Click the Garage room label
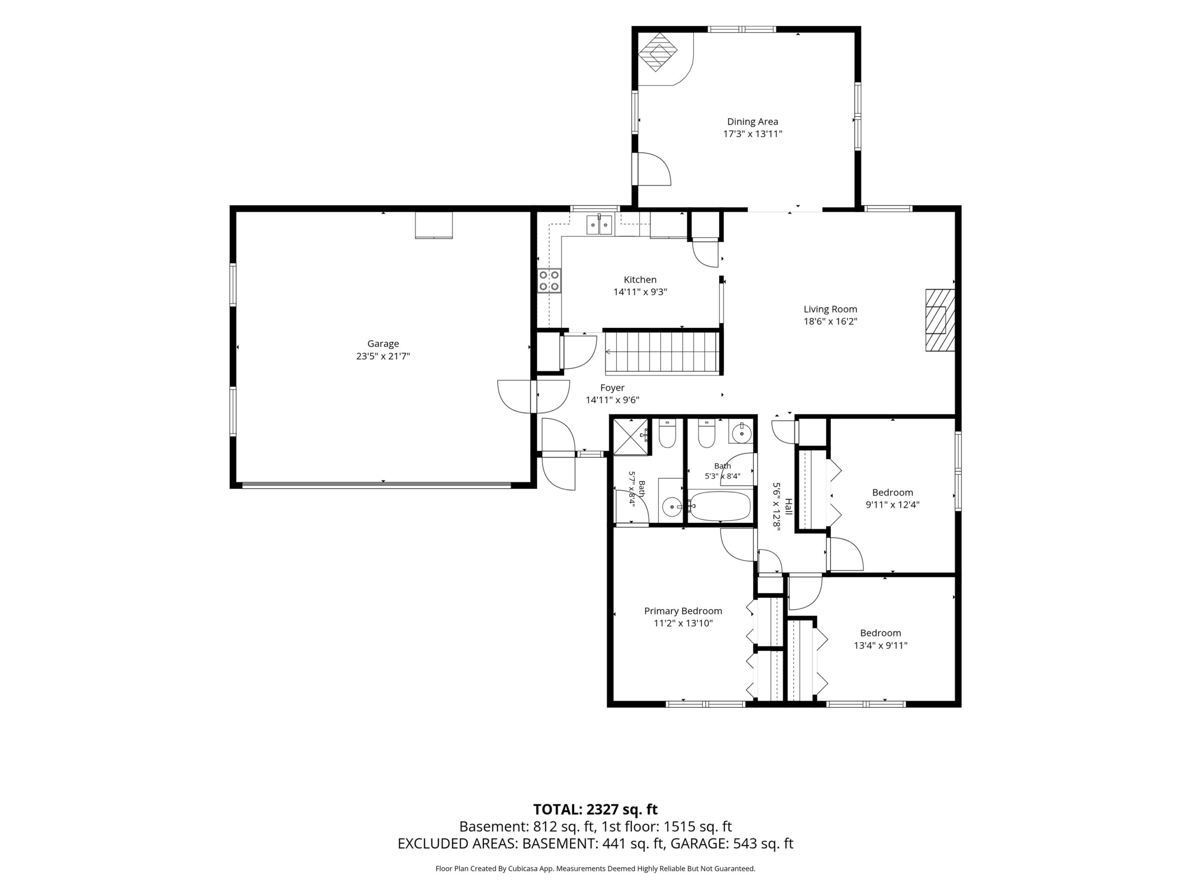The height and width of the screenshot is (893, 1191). click(383, 343)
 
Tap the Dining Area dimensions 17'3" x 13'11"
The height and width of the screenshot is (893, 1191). click(752, 134)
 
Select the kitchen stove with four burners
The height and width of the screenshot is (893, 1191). click(549, 280)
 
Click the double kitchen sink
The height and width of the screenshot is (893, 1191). click(599, 225)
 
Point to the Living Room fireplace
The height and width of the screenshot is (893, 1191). click(940, 320)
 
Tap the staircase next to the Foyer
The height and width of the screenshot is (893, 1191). click(663, 353)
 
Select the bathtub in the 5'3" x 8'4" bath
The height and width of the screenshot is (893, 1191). click(720, 506)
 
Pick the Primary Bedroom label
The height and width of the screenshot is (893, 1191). click(682, 611)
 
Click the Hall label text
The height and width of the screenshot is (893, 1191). click(789, 506)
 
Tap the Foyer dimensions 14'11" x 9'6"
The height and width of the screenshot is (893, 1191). click(612, 400)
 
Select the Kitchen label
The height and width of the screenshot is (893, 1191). click(640, 280)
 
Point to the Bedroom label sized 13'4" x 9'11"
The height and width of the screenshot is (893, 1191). click(880, 633)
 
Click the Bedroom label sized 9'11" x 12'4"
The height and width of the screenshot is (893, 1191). click(893, 493)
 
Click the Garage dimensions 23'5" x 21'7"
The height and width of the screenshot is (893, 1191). click(383, 356)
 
